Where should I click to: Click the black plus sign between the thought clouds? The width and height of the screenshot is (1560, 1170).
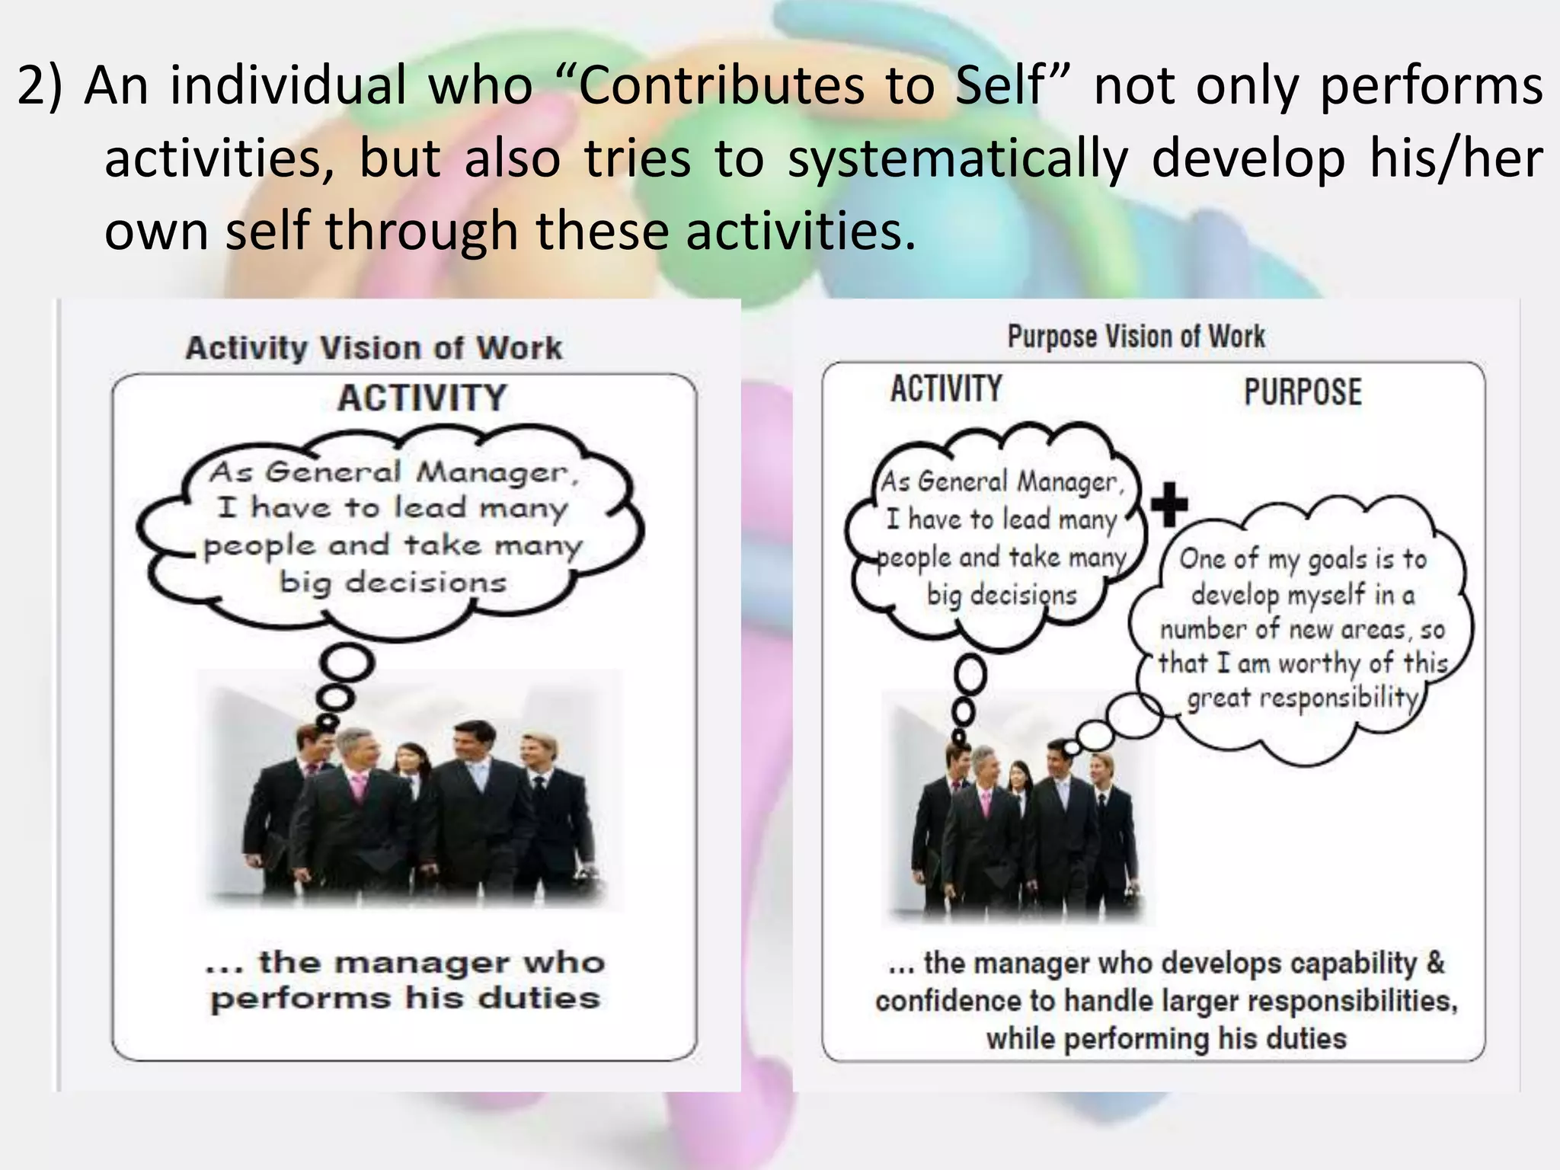(1169, 504)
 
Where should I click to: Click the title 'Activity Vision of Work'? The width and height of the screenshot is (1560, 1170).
(374, 348)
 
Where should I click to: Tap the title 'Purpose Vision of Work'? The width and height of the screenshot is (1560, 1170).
(1136, 336)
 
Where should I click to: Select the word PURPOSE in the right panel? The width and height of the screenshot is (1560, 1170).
(1303, 392)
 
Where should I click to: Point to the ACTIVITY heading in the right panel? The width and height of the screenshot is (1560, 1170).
(946, 388)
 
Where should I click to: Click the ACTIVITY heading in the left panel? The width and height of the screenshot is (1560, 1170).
(422, 398)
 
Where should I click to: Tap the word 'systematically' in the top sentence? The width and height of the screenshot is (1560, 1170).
(957, 158)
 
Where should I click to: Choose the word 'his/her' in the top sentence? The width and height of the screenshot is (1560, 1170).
(1456, 158)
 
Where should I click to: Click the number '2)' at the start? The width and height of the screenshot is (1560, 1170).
(42, 85)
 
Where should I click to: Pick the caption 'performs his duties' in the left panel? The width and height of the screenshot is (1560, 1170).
(405, 998)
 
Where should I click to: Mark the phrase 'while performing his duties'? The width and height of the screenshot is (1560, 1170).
(1165, 1038)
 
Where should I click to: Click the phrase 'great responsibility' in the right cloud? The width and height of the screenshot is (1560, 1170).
(1303, 698)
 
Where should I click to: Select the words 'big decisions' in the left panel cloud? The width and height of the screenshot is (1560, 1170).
(392, 583)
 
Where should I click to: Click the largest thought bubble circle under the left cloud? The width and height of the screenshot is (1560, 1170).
(347, 663)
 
